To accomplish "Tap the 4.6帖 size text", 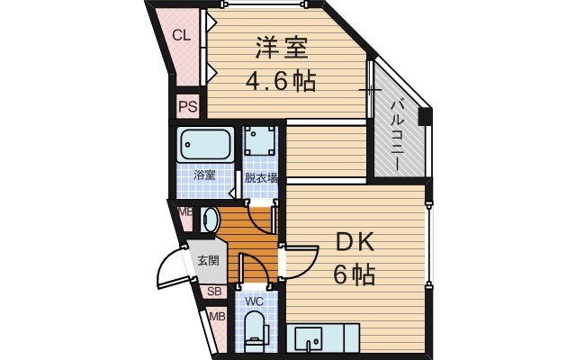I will coord(280,83).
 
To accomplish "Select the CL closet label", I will coord(181,36).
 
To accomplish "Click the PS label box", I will coord(187,107).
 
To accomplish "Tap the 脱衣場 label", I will coord(261,177).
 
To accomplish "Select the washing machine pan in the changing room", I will coord(261,142).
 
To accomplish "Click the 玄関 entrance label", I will coord(209,261).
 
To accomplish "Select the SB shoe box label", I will coord(214,292).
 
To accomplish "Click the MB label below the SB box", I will coord(217,317).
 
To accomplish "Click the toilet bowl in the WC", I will coord(255,331).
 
